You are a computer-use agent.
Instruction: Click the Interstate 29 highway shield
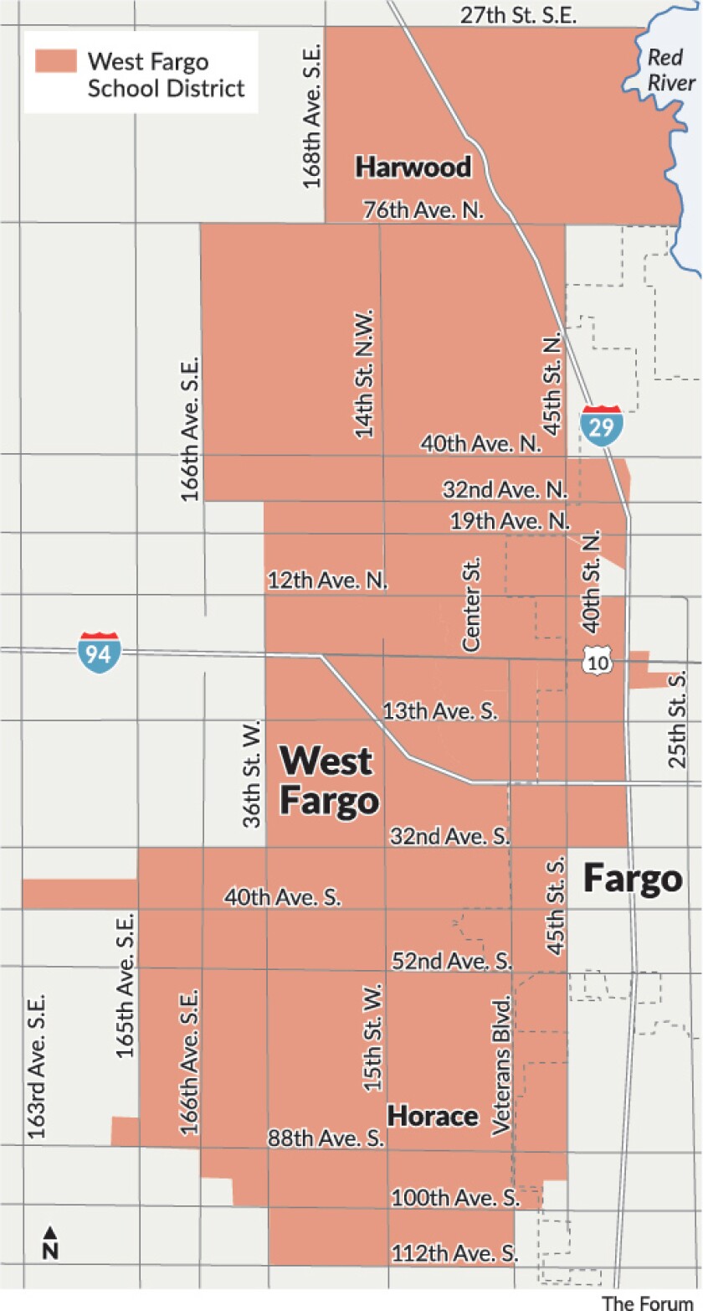(602, 425)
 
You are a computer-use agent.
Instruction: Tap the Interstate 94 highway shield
(99, 653)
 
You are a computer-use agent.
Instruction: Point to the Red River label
(671, 70)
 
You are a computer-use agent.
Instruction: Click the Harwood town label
(413, 168)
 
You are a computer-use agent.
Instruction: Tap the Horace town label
(432, 1116)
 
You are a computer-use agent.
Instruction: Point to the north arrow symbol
(50, 1243)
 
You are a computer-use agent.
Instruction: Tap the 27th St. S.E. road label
(519, 15)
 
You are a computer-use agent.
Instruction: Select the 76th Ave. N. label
(423, 209)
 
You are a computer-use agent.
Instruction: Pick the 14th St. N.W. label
(364, 371)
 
